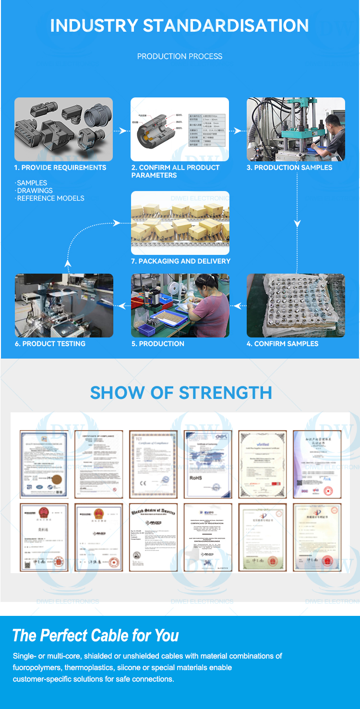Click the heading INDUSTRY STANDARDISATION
pyautogui.click(x=180, y=25)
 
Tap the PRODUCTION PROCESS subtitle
pyautogui.click(x=180, y=56)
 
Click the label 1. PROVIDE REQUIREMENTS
pyautogui.click(x=60, y=168)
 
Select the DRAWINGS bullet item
pyautogui.click(x=35, y=191)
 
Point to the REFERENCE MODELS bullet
pyautogui.click(x=50, y=198)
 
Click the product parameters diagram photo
pyautogui.click(x=180, y=129)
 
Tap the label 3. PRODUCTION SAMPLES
pyautogui.click(x=289, y=168)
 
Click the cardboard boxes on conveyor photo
pyautogui.click(x=180, y=223)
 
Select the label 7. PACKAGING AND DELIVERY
pyautogui.click(x=180, y=261)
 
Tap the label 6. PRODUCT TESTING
pyautogui.click(x=50, y=344)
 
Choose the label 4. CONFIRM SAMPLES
pyautogui.click(x=282, y=344)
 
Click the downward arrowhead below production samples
pyautogui.click(x=298, y=223)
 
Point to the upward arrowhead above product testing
pyautogui.click(x=68, y=263)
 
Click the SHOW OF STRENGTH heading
pyautogui.click(x=180, y=393)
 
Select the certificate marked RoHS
pyautogui.click(x=207, y=464)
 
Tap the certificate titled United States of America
pyautogui.click(x=153, y=537)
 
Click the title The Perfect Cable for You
pyautogui.click(x=96, y=636)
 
